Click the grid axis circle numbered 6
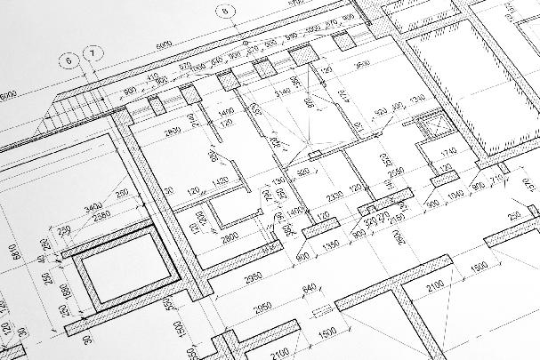point(68,61)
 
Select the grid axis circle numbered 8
point(226,11)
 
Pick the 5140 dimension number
point(283,92)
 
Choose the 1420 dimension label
point(219,181)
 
